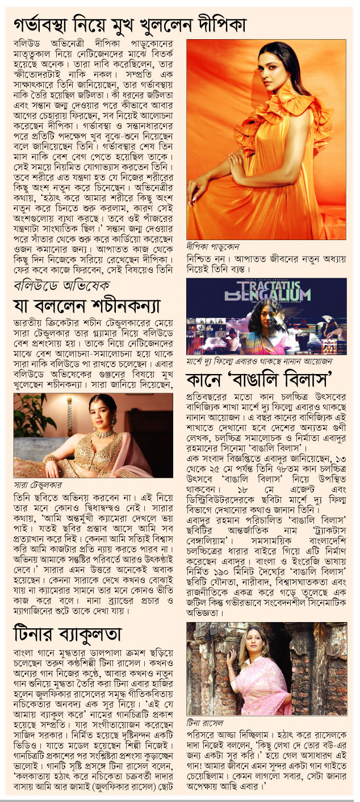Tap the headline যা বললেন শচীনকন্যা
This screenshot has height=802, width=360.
click(86, 305)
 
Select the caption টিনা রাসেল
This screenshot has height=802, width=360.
click(204, 723)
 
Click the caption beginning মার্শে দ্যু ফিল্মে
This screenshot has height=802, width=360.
click(259, 360)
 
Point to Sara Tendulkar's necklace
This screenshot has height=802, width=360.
click(104, 434)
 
